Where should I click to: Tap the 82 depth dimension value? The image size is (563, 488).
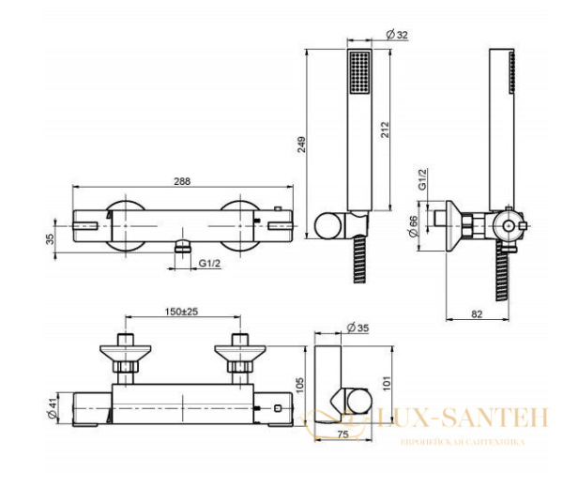coord(479,316)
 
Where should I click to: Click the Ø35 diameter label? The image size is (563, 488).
coord(357,328)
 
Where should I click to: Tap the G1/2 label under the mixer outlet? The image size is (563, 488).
coord(209,266)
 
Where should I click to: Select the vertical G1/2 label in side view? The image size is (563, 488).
coord(423,181)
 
